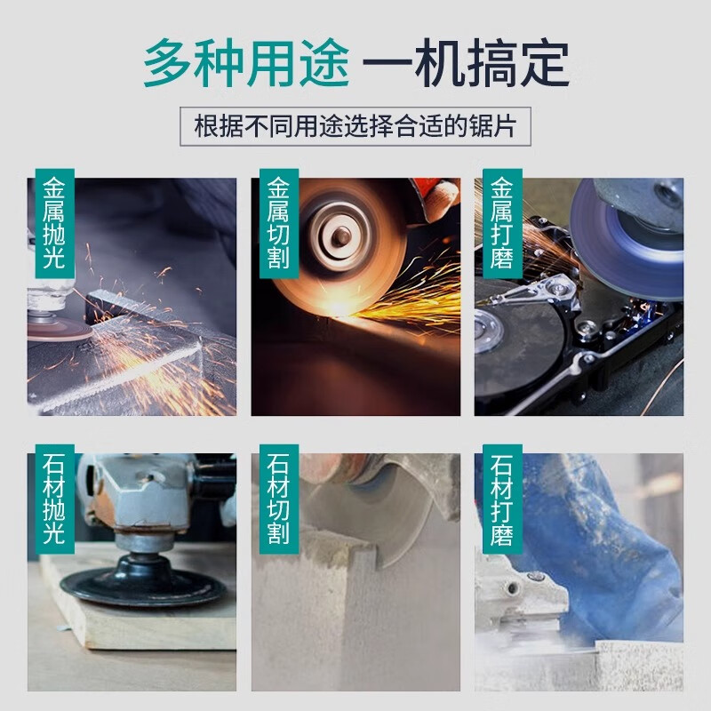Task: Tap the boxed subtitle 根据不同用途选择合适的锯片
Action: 355,126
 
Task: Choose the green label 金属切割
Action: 276,217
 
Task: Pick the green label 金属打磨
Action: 499,217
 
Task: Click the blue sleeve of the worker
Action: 604,551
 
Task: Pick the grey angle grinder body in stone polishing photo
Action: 133,498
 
